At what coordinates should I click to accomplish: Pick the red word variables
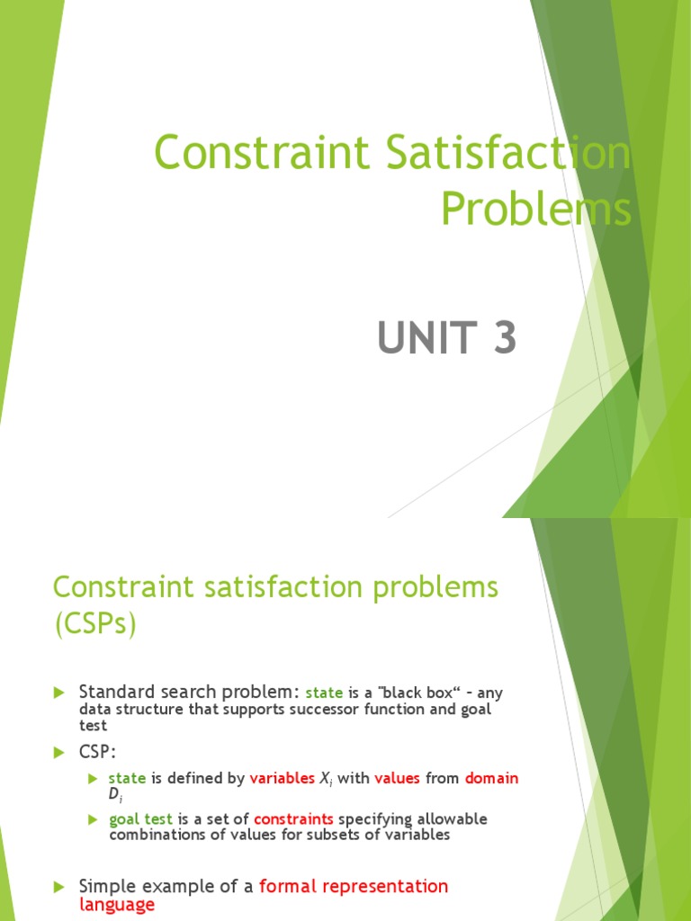click(x=283, y=779)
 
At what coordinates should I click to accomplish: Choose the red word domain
click(x=491, y=779)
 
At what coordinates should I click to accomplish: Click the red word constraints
click(x=293, y=819)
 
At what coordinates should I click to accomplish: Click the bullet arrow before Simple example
click(x=60, y=887)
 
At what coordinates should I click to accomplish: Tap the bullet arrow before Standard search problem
click(x=60, y=693)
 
